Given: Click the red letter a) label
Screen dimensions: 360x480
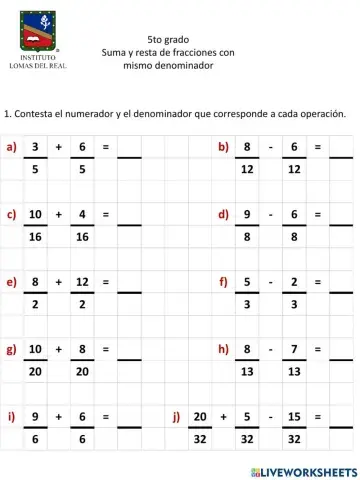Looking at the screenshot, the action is coord(11,148).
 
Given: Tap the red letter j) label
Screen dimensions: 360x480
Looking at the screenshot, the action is coord(176,416).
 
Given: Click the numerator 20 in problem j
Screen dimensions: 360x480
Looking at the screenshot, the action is coord(199,416).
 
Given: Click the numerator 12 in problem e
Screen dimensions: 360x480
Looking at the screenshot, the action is coord(82,282).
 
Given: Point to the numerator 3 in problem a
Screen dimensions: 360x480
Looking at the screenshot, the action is coord(35,148).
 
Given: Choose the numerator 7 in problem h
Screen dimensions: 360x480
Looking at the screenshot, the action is coord(293,349).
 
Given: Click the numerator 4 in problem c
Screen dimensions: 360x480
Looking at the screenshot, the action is coord(82,214).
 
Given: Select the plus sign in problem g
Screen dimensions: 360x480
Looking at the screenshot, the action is coord(58,349).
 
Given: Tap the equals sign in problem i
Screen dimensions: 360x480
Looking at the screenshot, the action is coord(105,416).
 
